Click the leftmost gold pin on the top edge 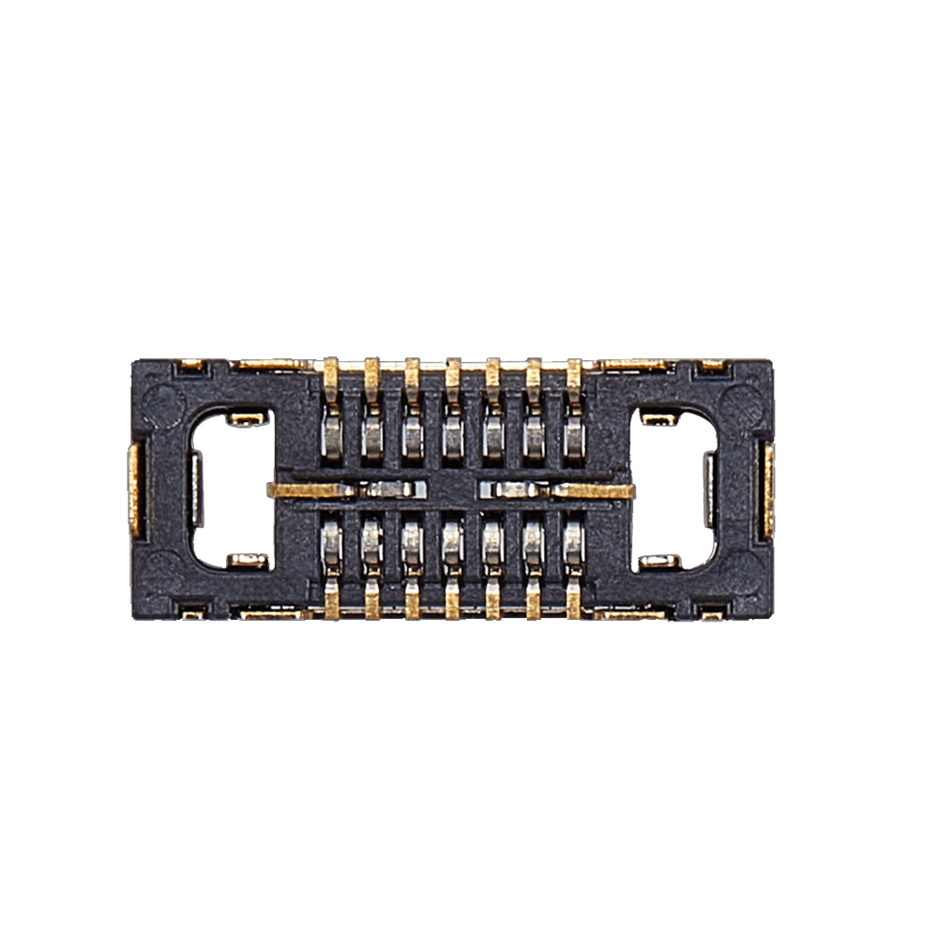click(x=331, y=375)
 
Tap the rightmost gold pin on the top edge click(x=574, y=375)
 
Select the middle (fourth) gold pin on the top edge click(x=453, y=375)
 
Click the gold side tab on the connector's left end click(x=135, y=490)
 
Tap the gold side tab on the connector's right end click(x=768, y=490)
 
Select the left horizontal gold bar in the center click(x=310, y=490)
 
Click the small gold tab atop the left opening click(x=248, y=418)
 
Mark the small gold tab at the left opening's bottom click(x=248, y=561)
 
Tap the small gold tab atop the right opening click(x=659, y=418)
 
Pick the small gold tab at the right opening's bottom click(x=659, y=561)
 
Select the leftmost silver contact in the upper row click(x=331, y=435)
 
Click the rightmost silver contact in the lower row click(x=574, y=542)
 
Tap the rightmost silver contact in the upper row click(x=574, y=435)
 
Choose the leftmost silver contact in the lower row click(x=331, y=542)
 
